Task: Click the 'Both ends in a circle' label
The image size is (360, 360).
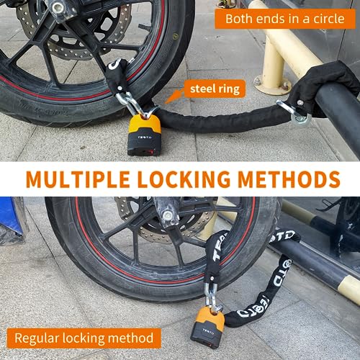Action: point(284,18)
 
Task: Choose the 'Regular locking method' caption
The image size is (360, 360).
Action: point(85,337)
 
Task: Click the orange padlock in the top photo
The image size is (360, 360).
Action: point(145,135)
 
